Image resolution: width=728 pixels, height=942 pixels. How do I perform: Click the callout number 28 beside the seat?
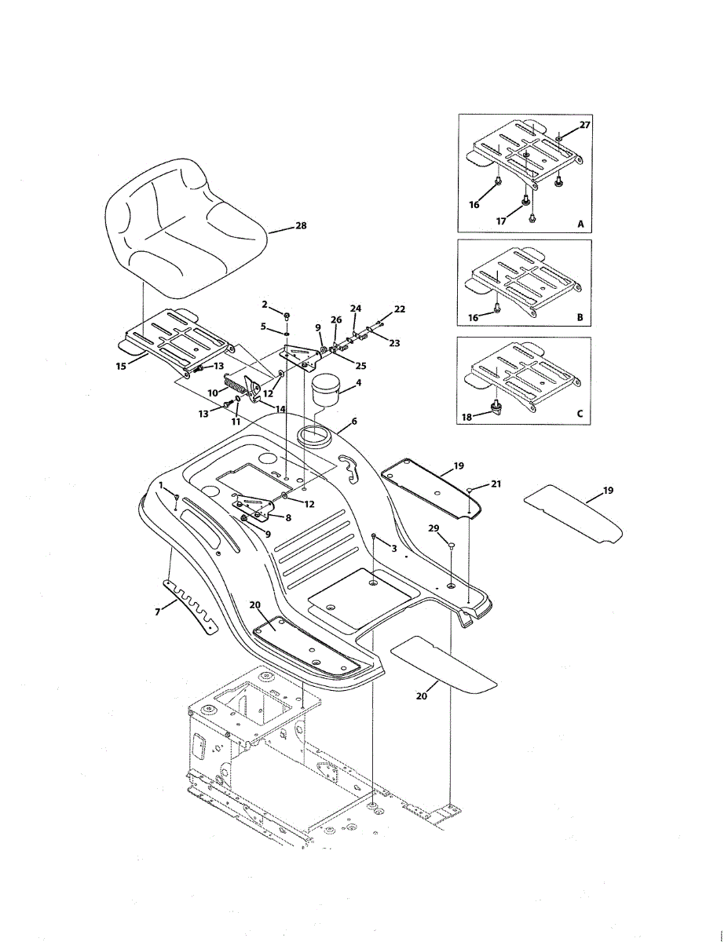click(x=300, y=226)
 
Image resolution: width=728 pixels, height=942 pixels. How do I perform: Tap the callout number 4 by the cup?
click(x=358, y=383)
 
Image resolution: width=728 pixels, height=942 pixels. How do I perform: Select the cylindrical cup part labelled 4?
click(x=324, y=390)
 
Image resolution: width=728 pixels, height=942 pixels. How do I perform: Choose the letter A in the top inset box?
click(x=581, y=225)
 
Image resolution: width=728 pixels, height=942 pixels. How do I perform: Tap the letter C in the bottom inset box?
click(x=581, y=414)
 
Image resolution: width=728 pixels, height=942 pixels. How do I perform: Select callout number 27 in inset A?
click(x=584, y=126)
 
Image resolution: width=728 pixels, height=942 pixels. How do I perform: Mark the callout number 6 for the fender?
click(x=354, y=421)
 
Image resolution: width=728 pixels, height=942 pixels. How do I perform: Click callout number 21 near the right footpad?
click(x=496, y=484)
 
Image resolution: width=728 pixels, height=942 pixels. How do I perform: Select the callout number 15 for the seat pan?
click(x=120, y=366)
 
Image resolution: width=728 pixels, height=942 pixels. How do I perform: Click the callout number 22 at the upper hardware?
click(x=400, y=309)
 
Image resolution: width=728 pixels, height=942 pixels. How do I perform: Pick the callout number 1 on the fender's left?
click(x=162, y=486)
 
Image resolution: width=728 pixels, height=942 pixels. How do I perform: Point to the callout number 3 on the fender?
click(x=393, y=547)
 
